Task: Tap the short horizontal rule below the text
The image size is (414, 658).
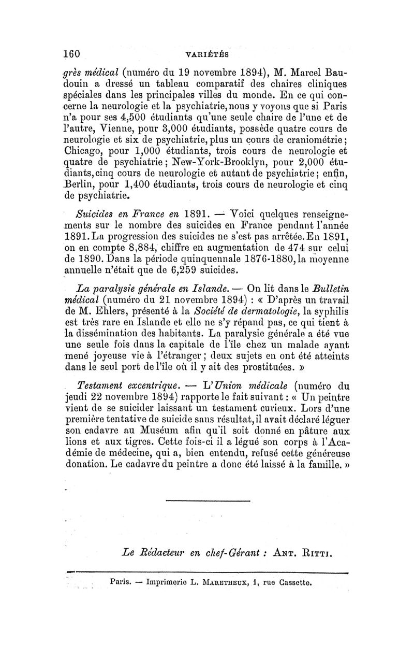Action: coord(208,500)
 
